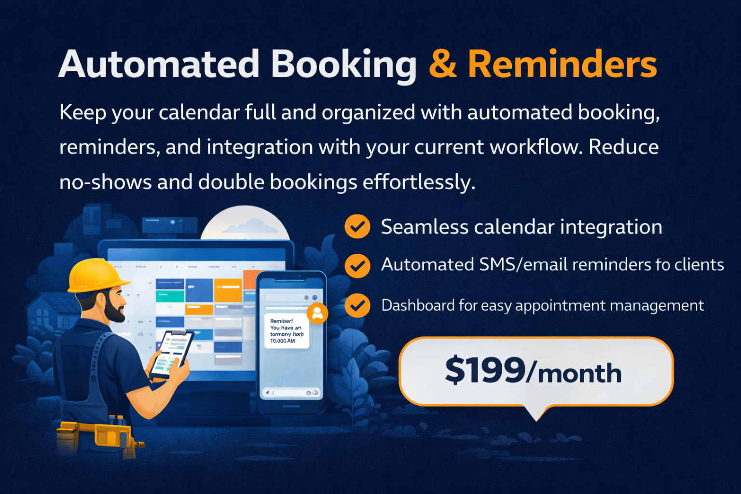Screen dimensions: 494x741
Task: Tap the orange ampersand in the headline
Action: point(442,65)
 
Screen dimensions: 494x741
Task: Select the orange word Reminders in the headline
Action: point(563,65)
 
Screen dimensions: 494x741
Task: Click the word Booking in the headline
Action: point(343,66)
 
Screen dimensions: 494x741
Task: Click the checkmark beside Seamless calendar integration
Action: point(357,226)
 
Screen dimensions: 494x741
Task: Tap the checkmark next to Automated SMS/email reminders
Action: point(357,266)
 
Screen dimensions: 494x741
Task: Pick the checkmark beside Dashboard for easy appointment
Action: point(357,305)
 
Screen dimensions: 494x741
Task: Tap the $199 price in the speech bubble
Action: point(484,370)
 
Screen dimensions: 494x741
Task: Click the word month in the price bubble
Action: point(579,374)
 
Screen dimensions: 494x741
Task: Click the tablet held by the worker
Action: point(171,354)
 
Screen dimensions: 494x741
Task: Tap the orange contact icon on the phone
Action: point(317,314)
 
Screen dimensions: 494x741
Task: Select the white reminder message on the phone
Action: point(287,330)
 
